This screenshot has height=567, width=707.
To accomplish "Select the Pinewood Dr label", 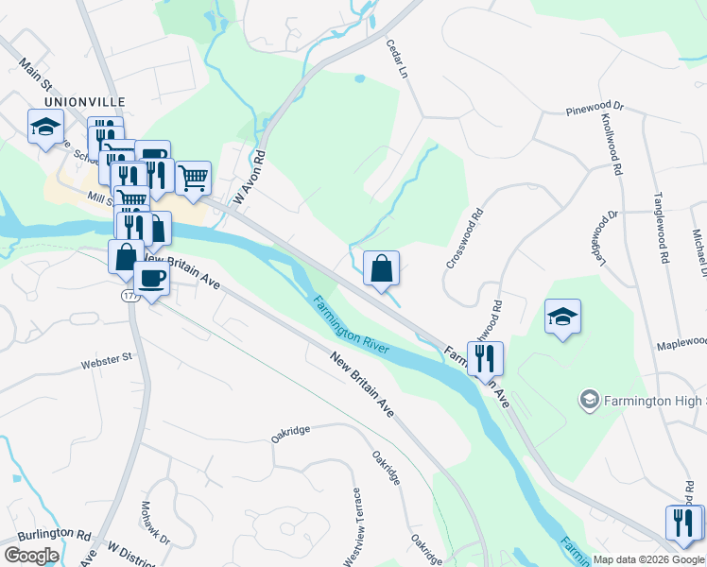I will click(x=595, y=109).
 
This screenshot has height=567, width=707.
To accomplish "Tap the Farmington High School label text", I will click(x=652, y=401).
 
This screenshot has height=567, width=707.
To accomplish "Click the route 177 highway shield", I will click(x=129, y=296).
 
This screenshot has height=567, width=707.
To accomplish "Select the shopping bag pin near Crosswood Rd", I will click(x=381, y=268).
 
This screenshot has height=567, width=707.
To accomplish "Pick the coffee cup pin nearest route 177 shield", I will click(x=151, y=278).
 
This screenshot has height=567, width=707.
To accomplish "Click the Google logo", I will click(x=30, y=556).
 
